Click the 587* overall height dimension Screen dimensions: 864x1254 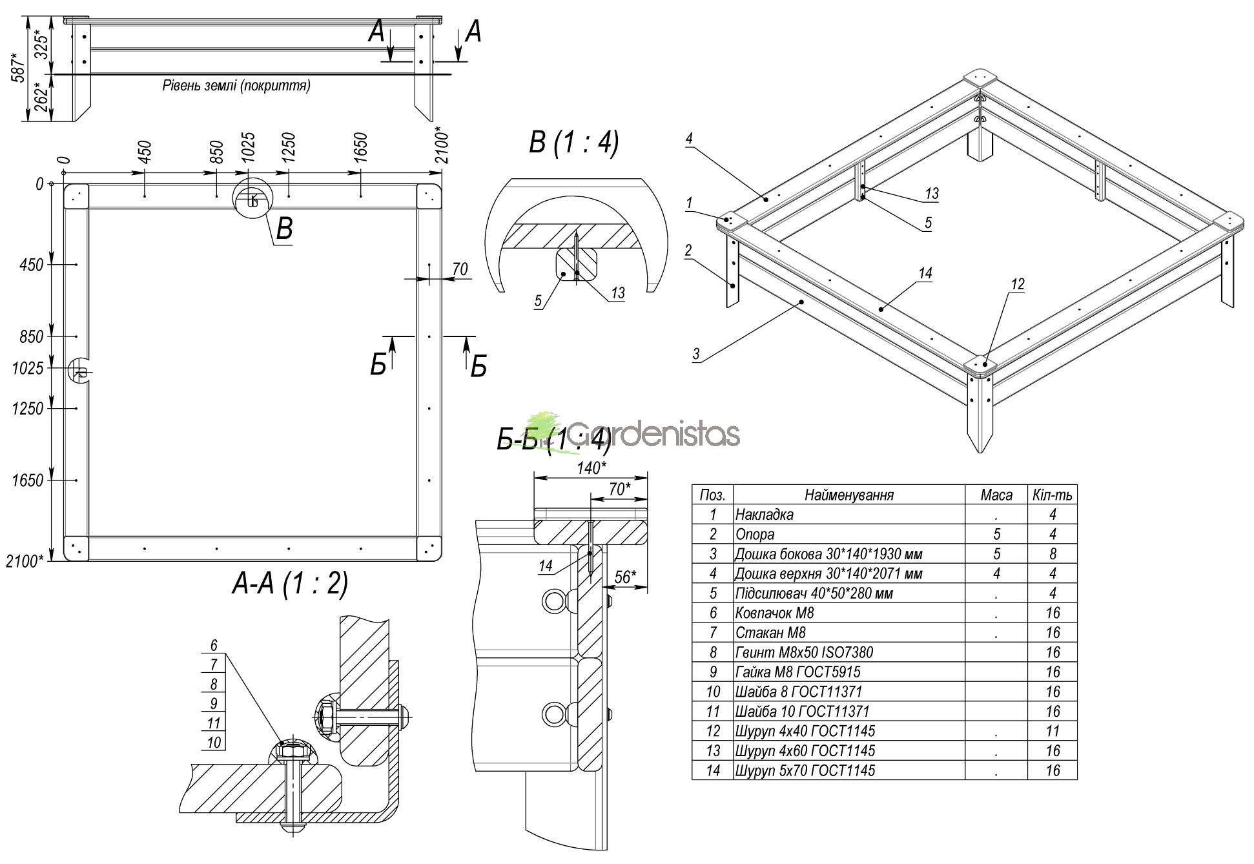pyautogui.click(x=17, y=66)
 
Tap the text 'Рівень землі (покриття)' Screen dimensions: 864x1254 pyautogui.click(x=236, y=85)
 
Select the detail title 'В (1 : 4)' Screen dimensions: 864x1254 pyautogui.click(x=573, y=143)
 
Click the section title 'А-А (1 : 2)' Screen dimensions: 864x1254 pyautogui.click(x=290, y=583)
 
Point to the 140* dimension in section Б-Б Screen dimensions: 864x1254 pyautogui.click(x=591, y=468)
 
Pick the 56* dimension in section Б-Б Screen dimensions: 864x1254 pyautogui.click(x=625, y=577)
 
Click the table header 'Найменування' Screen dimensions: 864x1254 pyautogui.click(x=848, y=495)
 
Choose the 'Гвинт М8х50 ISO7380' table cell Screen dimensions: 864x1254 pyautogui.click(x=804, y=653)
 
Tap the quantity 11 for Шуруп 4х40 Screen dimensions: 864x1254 pyautogui.click(x=1053, y=732)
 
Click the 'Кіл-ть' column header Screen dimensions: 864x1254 pyautogui.click(x=1052, y=495)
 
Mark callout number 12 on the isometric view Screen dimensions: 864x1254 pyautogui.click(x=1018, y=284)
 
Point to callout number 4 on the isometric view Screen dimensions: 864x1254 pyautogui.click(x=689, y=138)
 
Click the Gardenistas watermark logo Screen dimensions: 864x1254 pyautogui.click(x=636, y=433)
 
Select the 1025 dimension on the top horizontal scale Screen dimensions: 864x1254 pyautogui.click(x=249, y=147)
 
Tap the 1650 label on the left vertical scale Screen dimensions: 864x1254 pyautogui.click(x=28, y=480)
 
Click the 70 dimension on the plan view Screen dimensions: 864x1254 pyautogui.click(x=460, y=269)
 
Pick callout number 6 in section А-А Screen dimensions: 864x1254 pyautogui.click(x=214, y=645)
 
